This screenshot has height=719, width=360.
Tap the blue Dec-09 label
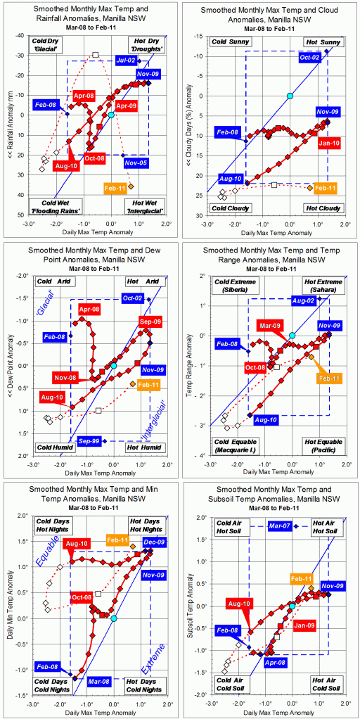pyautogui.click(x=153, y=542)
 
